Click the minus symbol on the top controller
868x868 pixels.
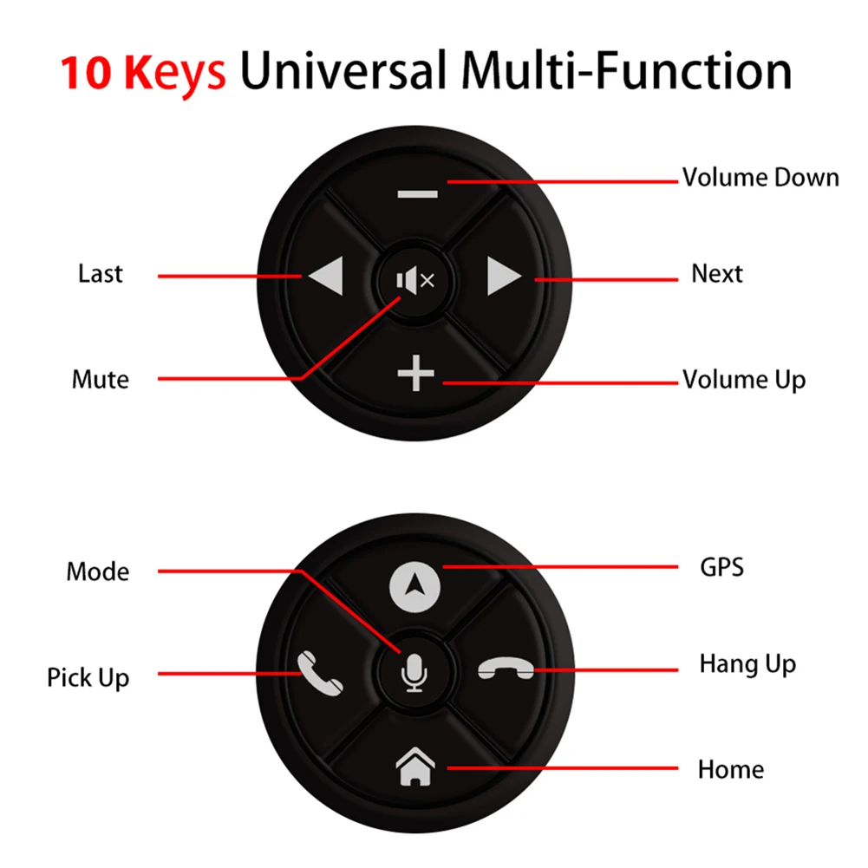[x=418, y=193]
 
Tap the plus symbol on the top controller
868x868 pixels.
[x=416, y=375]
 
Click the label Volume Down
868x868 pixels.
[x=760, y=178]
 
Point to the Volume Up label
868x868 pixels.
[x=744, y=380]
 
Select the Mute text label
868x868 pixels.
[x=101, y=380]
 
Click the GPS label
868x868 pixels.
[x=721, y=568]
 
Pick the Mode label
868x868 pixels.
[x=98, y=572]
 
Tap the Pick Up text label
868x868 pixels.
[x=88, y=677]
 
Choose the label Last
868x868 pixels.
[x=101, y=274]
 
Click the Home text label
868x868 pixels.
[x=731, y=769]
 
